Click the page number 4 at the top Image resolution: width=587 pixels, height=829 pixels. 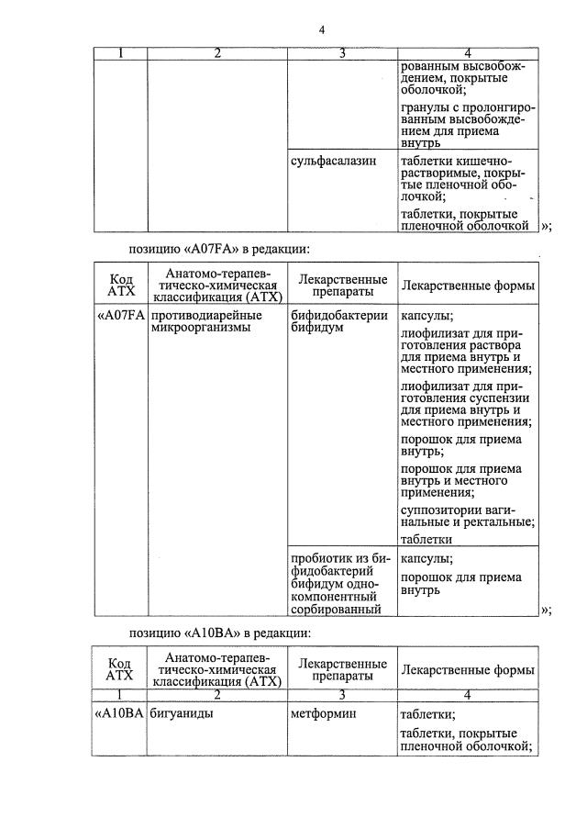[321, 29]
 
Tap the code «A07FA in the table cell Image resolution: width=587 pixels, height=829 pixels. [121, 316]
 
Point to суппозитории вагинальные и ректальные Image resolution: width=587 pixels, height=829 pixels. [468, 516]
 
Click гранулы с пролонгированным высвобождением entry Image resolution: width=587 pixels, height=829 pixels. [468, 126]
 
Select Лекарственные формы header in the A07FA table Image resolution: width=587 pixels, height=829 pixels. [468, 286]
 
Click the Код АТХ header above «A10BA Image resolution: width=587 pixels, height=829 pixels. [120, 668]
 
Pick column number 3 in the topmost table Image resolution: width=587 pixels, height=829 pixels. [341, 53]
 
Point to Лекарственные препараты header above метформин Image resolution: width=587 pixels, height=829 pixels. [341, 668]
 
